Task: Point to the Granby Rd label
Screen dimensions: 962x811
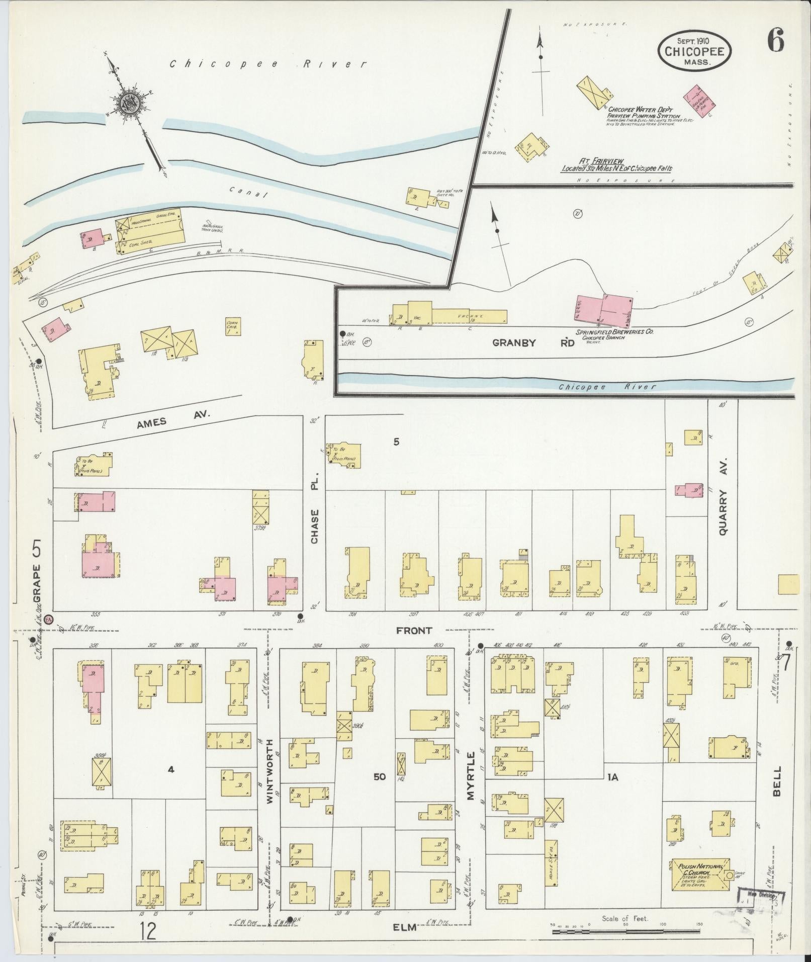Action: coord(533,343)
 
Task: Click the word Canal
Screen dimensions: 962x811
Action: coord(246,192)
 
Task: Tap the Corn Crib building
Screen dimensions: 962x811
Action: coord(232,327)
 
